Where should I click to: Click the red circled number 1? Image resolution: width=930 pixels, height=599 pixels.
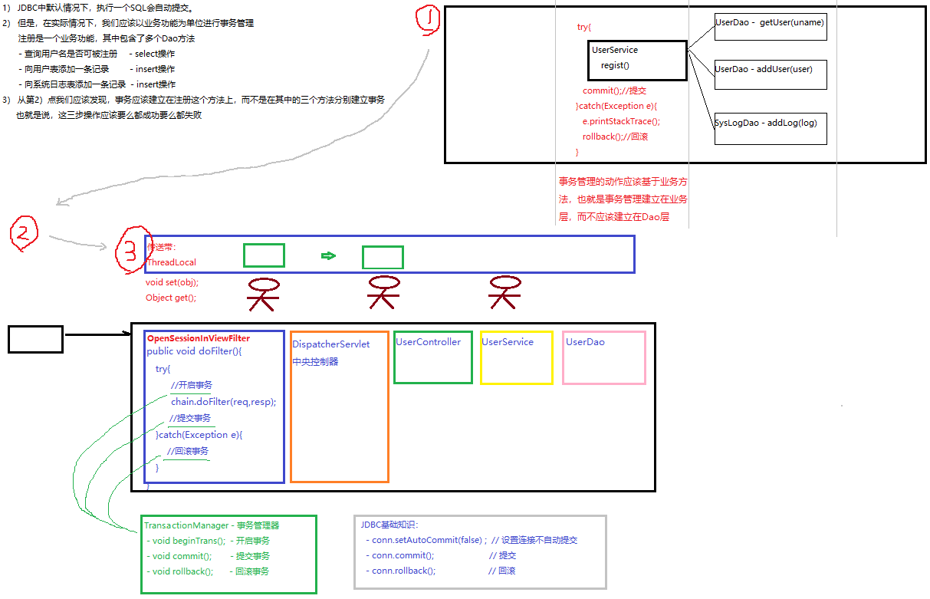[428, 21]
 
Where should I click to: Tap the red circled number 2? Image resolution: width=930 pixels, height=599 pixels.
[23, 234]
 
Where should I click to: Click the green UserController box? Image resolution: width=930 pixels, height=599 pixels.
[432, 357]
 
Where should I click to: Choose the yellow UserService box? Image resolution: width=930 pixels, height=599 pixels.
[516, 357]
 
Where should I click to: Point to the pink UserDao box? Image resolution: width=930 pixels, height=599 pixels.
[603, 357]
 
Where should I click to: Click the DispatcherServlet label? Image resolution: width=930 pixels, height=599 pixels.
[330, 344]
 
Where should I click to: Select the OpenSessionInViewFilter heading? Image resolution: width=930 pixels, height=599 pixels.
[198, 338]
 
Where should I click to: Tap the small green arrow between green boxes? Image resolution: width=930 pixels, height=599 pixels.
[328, 255]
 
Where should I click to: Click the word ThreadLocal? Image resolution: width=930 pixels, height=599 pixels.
[171, 262]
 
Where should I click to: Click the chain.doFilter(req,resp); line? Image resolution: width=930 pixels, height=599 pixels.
[223, 401]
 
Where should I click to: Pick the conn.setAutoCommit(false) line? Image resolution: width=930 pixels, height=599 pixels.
[429, 540]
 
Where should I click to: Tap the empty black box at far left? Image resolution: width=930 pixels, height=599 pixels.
[35, 339]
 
